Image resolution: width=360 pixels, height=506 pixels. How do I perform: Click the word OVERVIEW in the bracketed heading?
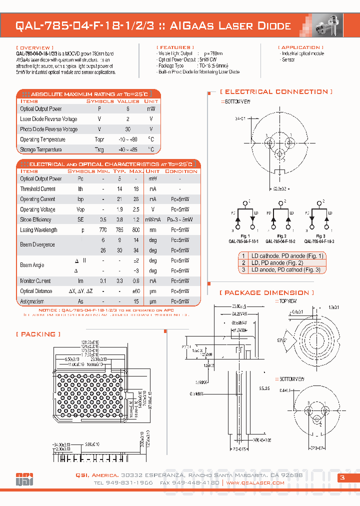click(x=34, y=47)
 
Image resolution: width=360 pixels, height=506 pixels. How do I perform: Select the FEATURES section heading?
click(x=174, y=47)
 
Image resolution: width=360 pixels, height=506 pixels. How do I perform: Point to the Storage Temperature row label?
click(x=41, y=150)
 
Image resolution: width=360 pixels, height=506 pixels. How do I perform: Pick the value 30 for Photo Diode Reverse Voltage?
click(x=128, y=129)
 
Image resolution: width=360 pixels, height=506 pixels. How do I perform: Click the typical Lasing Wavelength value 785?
click(x=119, y=230)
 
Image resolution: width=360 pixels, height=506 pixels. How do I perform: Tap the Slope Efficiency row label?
click(x=35, y=220)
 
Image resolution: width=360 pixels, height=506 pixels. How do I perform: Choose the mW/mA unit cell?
click(x=153, y=220)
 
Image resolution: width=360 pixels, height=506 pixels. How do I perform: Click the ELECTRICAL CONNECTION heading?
click(x=276, y=92)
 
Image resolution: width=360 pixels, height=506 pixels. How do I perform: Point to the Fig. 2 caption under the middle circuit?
click(x=281, y=236)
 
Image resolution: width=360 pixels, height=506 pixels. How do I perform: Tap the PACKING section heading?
click(x=38, y=334)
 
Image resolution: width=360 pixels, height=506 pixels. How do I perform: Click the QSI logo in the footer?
click(x=24, y=478)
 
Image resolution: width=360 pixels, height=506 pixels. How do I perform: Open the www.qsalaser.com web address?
click(x=255, y=483)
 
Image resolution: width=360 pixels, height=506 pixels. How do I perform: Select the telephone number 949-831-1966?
click(x=123, y=483)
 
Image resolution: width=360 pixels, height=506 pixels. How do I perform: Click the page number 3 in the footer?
click(x=342, y=478)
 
